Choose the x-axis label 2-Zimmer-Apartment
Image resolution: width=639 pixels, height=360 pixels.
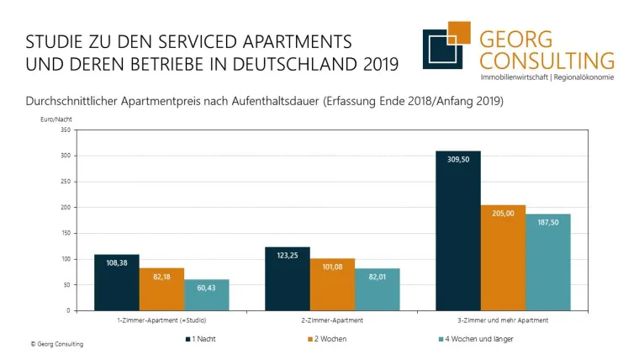332,320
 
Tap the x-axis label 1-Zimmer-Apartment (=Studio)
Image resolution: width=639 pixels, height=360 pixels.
161,320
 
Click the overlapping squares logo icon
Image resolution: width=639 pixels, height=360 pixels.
446,48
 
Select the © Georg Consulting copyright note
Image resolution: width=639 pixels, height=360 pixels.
57,344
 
